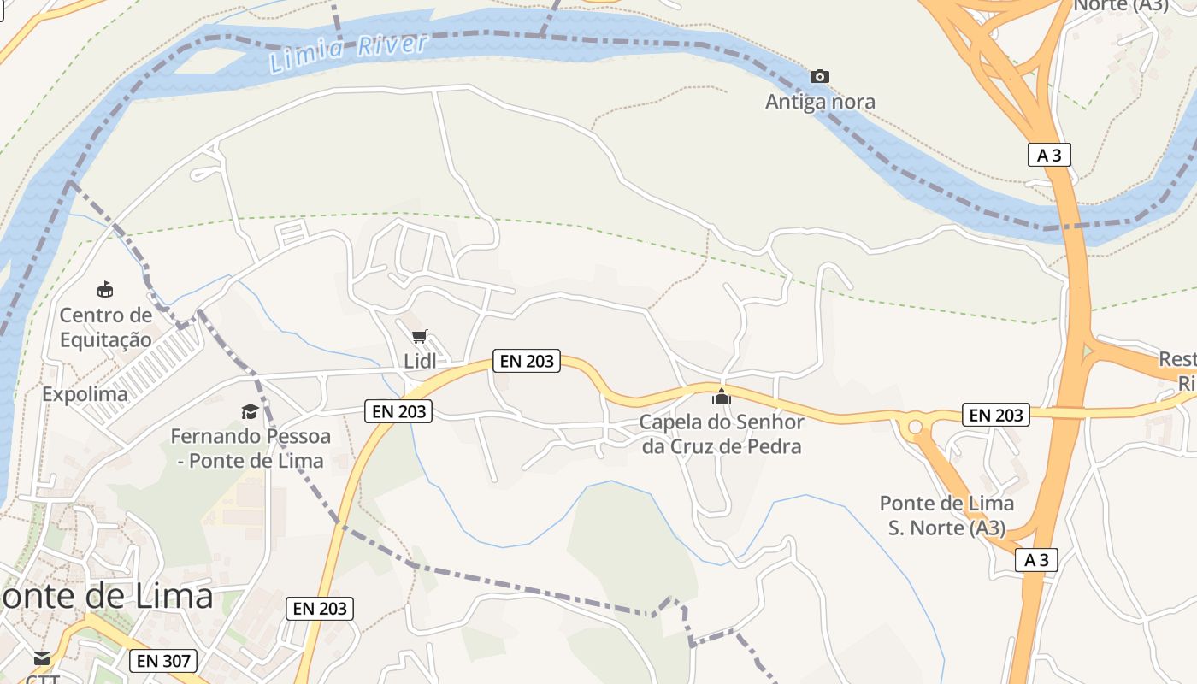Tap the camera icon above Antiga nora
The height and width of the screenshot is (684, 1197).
click(820, 77)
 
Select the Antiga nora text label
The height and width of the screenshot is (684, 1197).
click(820, 102)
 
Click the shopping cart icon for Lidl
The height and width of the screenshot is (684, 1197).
click(419, 337)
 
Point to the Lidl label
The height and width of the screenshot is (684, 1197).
click(420, 361)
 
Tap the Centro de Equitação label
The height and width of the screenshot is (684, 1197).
click(106, 327)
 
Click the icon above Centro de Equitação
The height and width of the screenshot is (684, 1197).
click(105, 289)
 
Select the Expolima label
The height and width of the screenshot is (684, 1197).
click(85, 394)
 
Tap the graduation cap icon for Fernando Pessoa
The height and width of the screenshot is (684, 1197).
click(250, 412)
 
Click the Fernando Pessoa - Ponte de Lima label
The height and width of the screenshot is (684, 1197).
click(251, 448)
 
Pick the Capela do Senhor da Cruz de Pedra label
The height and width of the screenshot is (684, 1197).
click(722, 433)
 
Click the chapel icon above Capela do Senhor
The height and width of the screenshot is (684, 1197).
click(722, 397)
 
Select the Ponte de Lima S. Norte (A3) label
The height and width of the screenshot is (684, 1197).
click(946, 516)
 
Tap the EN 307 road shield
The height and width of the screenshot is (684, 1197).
click(163, 660)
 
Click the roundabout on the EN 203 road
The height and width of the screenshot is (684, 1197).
click(916, 426)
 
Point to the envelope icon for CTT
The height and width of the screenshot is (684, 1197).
click(41, 658)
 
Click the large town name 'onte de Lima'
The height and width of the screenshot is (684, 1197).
click(107, 595)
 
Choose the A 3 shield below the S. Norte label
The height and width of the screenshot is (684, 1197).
click(1037, 560)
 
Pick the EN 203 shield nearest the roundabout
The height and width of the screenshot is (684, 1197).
click(995, 415)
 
